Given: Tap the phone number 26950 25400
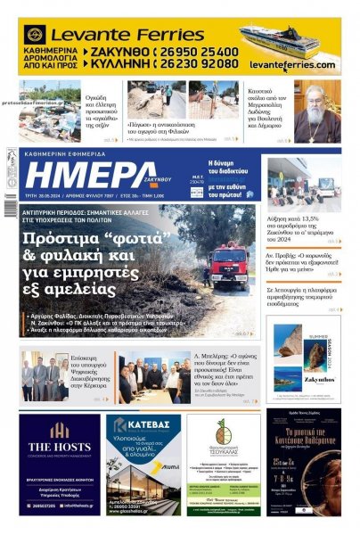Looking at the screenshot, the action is click(x=200, y=53).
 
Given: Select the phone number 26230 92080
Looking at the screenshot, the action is click(x=200, y=65).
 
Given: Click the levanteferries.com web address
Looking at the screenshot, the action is click(x=292, y=65).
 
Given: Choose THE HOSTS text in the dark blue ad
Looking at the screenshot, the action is click(x=60, y=447).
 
